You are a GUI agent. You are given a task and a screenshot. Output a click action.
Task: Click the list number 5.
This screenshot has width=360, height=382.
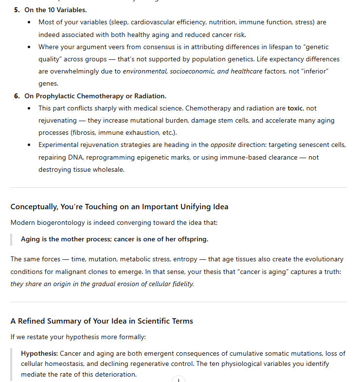(17, 10)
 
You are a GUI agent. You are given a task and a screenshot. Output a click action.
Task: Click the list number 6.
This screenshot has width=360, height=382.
(17, 96)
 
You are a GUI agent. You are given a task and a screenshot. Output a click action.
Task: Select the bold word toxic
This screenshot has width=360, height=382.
(295, 108)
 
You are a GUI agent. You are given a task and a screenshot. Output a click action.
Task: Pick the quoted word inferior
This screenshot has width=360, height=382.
(316, 72)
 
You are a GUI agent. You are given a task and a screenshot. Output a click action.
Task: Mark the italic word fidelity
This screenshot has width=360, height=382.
(182, 284)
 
